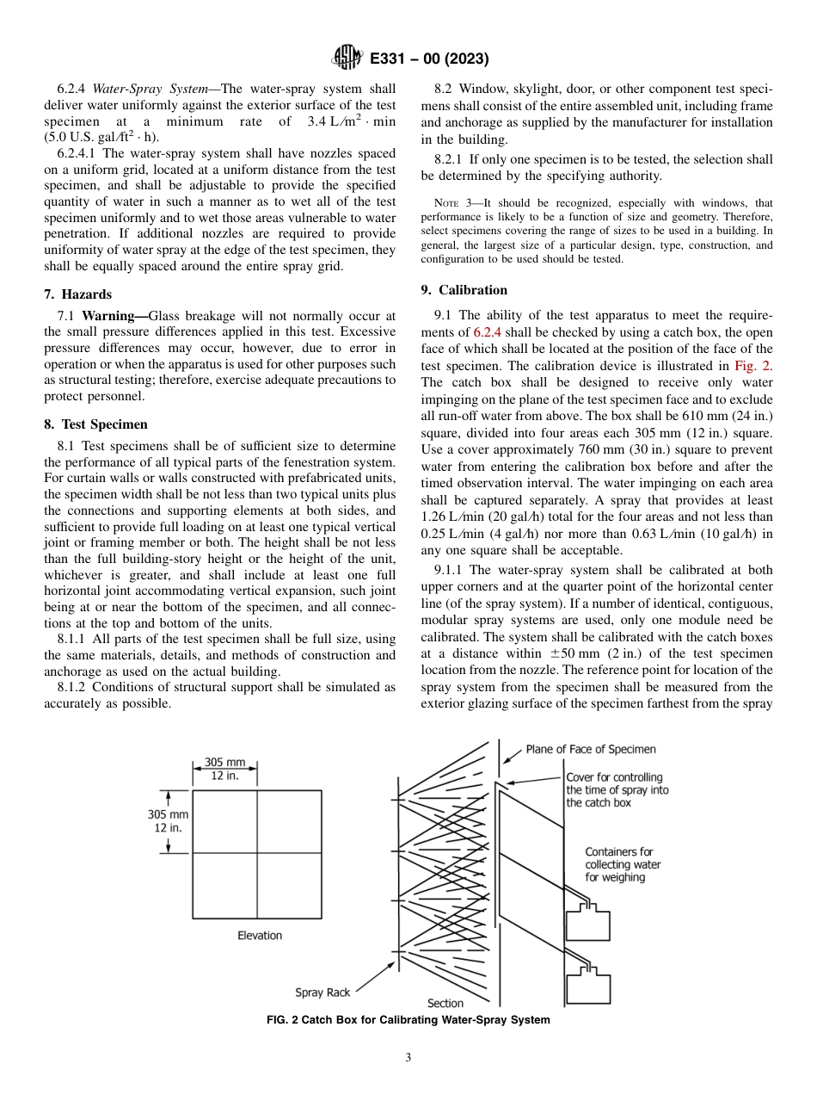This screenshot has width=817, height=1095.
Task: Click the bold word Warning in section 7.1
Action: click(x=113, y=315)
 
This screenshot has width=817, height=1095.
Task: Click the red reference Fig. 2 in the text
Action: click(x=753, y=365)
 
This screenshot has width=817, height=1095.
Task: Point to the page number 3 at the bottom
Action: click(x=408, y=1058)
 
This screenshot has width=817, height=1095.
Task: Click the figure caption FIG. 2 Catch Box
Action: click(x=408, y=1020)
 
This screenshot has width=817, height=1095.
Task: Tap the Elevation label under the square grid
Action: click(x=260, y=935)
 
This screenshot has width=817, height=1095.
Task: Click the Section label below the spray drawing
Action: click(x=445, y=1003)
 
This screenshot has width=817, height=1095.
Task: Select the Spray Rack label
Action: click(x=322, y=993)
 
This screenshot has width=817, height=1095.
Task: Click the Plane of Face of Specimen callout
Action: click(x=590, y=749)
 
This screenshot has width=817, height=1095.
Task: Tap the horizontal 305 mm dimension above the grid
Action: click(x=224, y=769)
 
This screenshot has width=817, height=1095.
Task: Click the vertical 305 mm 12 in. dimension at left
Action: click(x=168, y=821)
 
